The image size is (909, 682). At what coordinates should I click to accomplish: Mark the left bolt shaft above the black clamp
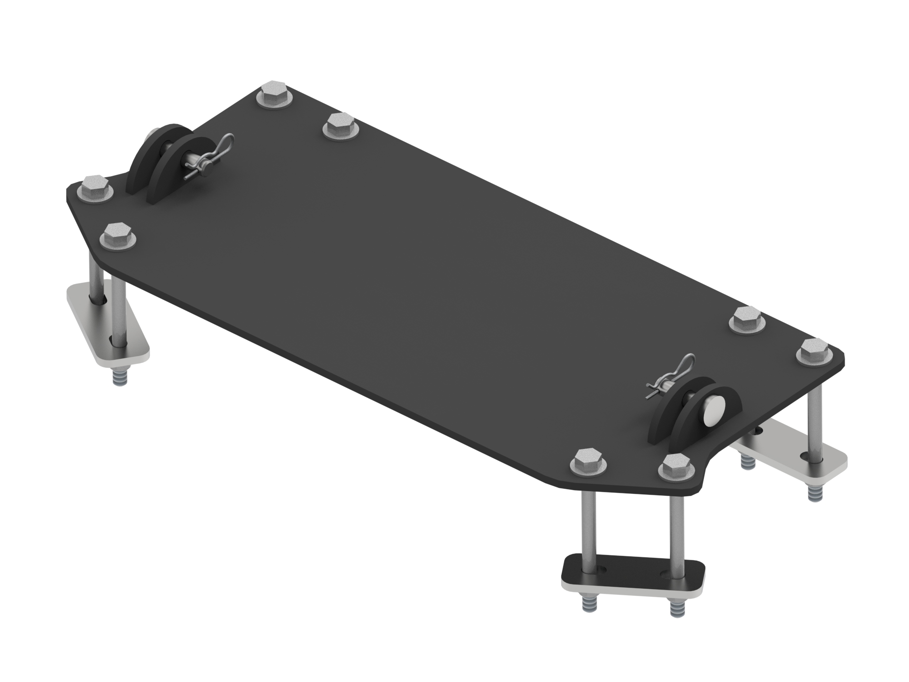pos(586,521)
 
